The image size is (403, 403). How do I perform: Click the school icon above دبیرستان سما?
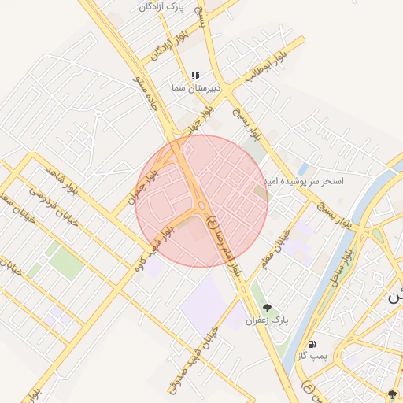[194, 76]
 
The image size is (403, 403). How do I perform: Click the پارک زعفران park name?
[268, 320]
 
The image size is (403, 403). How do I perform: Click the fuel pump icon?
[312, 344]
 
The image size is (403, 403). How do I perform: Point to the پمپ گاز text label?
[312, 357]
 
